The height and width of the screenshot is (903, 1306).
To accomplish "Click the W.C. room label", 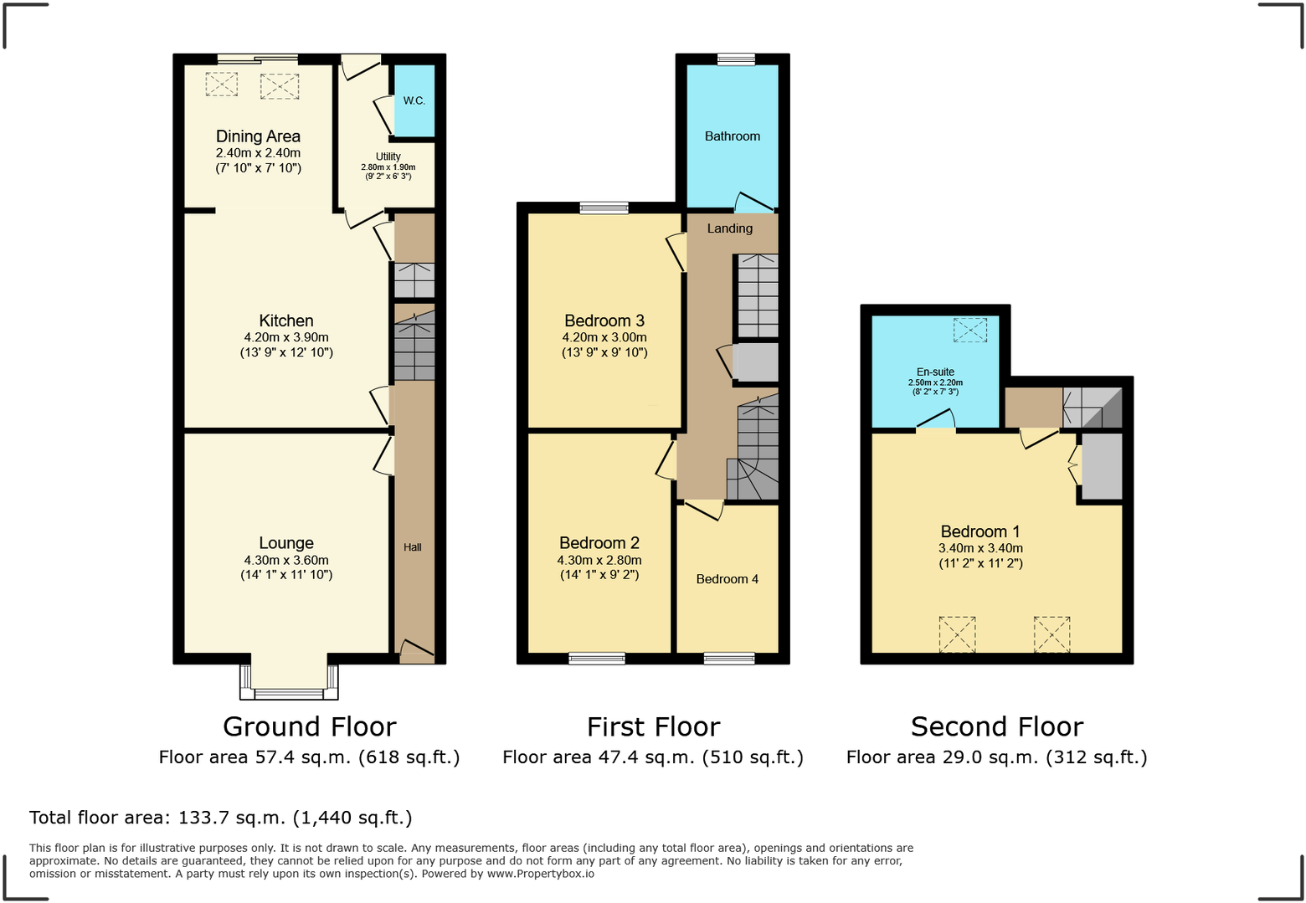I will [x=414, y=100].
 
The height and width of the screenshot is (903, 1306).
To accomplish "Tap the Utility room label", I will [x=388, y=156].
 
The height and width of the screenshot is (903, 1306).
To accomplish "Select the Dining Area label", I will [x=258, y=136].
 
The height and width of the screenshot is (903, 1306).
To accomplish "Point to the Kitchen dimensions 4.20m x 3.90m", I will [x=286, y=337].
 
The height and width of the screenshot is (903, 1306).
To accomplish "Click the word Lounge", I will [x=286, y=543].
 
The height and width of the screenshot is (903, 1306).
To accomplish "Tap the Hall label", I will [x=413, y=547].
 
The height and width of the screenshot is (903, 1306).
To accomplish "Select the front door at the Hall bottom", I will [x=417, y=652].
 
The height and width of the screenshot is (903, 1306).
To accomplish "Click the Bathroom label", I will [x=733, y=136].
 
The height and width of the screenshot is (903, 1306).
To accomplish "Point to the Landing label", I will [x=730, y=228].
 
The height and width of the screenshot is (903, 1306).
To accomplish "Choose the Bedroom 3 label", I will [x=604, y=321].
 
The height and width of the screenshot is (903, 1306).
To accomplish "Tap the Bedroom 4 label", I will [x=728, y=579].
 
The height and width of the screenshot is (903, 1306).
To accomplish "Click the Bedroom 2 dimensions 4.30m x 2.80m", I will [x=599, y=561].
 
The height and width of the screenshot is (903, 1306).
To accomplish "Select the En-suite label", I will [x=935, y=372].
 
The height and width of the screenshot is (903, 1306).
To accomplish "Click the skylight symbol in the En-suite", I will [x=969, y=330].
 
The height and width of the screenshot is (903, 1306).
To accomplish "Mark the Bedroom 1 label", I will [x=980, y=531].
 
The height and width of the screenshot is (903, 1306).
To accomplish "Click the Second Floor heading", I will [x=997, y=726].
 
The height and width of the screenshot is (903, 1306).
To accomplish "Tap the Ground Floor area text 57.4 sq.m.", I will [x=309, y=757].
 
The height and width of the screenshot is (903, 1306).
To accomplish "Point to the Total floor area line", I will [x=221, y=818].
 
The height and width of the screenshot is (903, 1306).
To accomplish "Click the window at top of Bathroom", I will [x=736, y=59].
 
